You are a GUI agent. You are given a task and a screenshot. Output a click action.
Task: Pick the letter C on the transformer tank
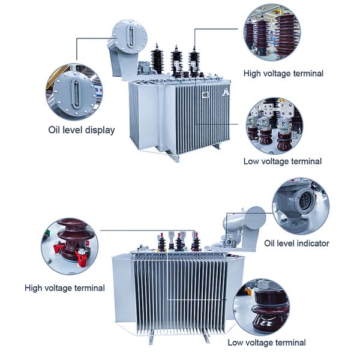click(x=206, y=94)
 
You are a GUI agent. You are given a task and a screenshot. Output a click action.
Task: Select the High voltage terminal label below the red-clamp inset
click(x=65, y=288)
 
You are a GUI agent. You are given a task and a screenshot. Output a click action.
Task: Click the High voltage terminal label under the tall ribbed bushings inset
click(x=283, y=73)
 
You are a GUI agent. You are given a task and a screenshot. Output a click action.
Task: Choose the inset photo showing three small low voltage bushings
click(x=274, y=127)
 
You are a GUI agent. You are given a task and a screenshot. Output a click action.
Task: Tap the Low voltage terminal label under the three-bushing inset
click(x=283, y=161)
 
